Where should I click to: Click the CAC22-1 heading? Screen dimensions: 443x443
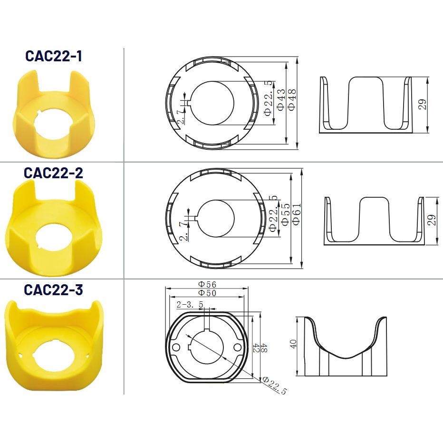coord(54,56)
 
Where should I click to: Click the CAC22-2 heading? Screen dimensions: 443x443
coord(53,173)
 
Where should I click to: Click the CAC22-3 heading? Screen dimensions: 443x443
coord(53,290)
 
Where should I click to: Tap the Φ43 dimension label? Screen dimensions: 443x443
coord(281,100)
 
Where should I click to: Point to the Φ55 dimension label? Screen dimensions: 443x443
coord(286,214)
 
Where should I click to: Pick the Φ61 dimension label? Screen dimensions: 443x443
coord(297,214)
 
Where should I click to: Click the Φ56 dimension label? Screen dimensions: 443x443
coord(207,284)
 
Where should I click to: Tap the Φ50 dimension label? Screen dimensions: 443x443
coord(207,293)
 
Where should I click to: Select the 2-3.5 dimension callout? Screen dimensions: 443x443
coord(190,305)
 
